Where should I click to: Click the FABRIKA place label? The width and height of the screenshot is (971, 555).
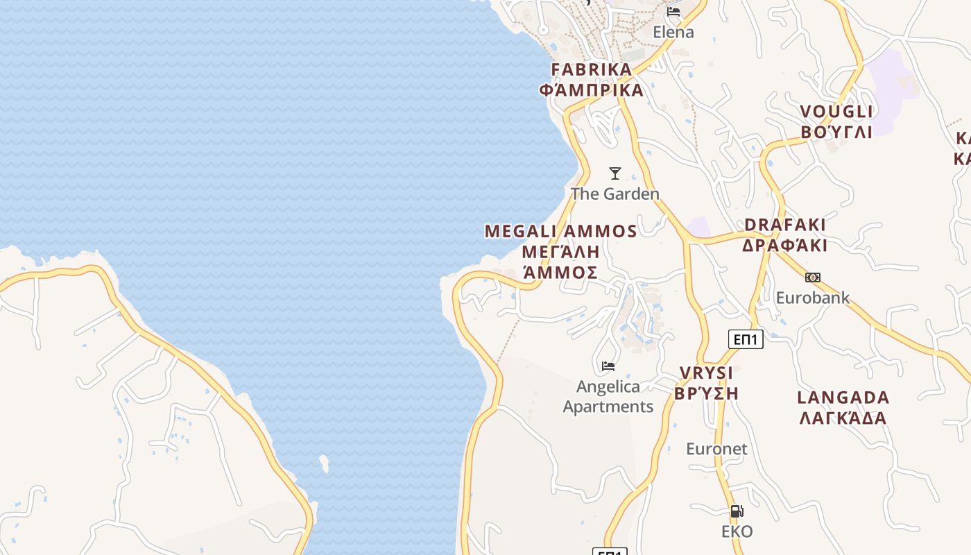[x=592, y=69]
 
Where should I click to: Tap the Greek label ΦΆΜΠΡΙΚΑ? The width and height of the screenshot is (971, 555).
[x=592, y=90]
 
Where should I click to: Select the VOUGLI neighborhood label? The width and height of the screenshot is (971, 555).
[x=836, y=112]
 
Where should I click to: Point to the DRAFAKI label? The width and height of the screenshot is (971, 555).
[x=785, y=225]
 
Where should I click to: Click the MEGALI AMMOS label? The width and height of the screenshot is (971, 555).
[x=560, y=231]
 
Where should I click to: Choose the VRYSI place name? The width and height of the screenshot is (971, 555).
[x=706, y=373]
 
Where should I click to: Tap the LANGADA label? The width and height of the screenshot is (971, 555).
[x=843, y=398]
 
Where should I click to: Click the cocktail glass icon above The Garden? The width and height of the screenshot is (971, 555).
[x=615, y=173]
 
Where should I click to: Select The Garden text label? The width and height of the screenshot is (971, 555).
[x=615, y=194]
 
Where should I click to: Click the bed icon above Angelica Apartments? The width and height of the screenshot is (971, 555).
[x=608, y=366]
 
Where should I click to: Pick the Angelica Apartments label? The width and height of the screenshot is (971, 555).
[x=608, y=396]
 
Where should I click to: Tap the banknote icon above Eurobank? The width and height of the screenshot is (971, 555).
[x=813, y=277]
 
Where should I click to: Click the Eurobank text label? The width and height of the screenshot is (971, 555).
[x=813, y=298]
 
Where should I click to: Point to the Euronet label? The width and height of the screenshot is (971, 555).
[x=717, y=449]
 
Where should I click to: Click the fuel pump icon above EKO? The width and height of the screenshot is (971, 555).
[x=737, y=511]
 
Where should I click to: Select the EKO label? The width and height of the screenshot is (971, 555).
[x=737, y=532]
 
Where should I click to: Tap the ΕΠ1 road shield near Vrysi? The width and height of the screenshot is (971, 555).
[x=746, y=339]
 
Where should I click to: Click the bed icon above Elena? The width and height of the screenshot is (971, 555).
[x=673, y=12]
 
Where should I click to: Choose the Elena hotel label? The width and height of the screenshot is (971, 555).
[x=673, y=32]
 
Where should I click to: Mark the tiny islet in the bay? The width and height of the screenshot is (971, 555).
[x=324, y=463]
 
